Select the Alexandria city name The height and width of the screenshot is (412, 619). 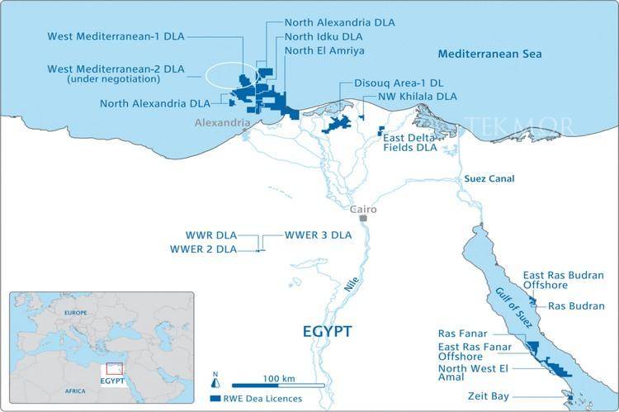(x=221, y=123)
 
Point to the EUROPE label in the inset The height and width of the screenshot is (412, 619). (x=75, y=314)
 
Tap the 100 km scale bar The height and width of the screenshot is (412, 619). (x=274, y=384)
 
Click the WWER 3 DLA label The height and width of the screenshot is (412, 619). (x=318, y=234)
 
